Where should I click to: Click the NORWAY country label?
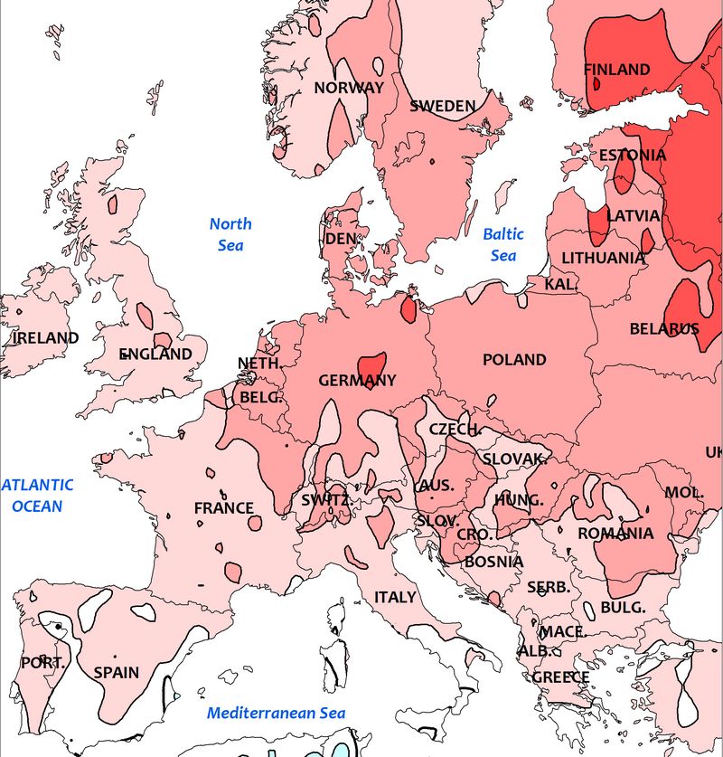349,88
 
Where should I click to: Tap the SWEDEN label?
442,106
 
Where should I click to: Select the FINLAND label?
616,70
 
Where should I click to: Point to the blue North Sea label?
230,234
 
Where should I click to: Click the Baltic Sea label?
503,244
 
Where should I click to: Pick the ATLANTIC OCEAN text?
37,496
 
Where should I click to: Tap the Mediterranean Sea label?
276,714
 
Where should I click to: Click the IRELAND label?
45,338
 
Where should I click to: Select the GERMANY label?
357,381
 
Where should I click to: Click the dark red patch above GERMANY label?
371,364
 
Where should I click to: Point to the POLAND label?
514,360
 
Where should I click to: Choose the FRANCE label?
223,508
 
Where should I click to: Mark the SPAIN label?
117,672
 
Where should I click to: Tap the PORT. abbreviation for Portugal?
42,663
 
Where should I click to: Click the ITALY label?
395,598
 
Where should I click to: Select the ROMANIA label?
615,534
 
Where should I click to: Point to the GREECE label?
560,677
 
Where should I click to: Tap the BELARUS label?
664,329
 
